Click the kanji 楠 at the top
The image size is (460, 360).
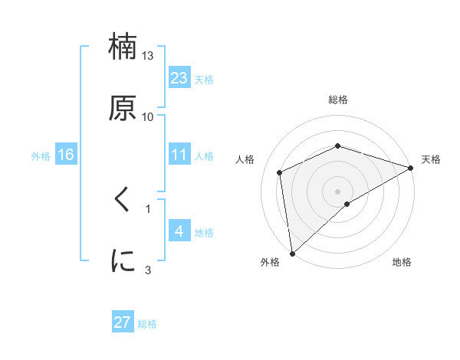click(x=123, y=47)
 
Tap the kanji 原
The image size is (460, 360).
click(x=123, y=107)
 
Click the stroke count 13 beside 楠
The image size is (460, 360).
click(x=148, y=56)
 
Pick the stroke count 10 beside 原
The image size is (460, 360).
click(x=148, y=116)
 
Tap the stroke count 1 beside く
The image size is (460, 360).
click(x=148, y=208)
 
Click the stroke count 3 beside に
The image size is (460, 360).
click(x=148, y=270)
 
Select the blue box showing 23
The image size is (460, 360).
click(x=179, y=78)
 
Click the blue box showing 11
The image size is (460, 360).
click(x=179, y=155)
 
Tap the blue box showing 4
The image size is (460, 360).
click(x=179, y=231)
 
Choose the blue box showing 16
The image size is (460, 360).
click(x=66, y=155)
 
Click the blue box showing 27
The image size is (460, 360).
click(x=123, y=322)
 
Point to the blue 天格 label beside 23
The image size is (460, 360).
click(x=204, y=80)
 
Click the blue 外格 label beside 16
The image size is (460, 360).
click(x=41, y=156)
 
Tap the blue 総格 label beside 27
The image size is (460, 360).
click(x=147, y=324)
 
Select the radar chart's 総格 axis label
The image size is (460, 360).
click(x=338, y=100)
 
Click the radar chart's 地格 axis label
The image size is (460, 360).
click(x=402, y=262)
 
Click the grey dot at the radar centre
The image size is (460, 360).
click(x=338, y=191)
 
